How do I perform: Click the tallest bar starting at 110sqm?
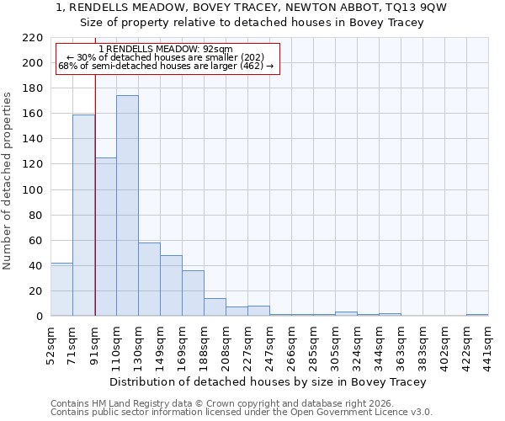[x=127, y=205]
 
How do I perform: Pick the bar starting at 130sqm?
[x=149, y=279]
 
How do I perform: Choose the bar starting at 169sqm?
[x=193, y=293]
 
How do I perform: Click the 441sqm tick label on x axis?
[x=489, y=342]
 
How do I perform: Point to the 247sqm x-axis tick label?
[x=270, y=342]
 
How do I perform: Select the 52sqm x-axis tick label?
[x=51, y=342]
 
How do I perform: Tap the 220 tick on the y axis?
[x=33, y=38]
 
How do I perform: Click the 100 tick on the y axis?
[x=33, y=189]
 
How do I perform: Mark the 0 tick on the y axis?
[x=39, y=317]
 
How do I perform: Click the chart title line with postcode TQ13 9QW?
[x=252, y=8]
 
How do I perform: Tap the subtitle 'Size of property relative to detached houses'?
[x=252, y=23]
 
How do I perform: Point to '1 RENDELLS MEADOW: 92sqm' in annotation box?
[x=166, y=50]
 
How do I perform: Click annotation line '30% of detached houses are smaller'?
[x=166, y=57]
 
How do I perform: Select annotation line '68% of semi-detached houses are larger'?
[x=166, y=66]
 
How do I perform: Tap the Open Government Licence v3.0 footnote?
[x=242, y=413]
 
